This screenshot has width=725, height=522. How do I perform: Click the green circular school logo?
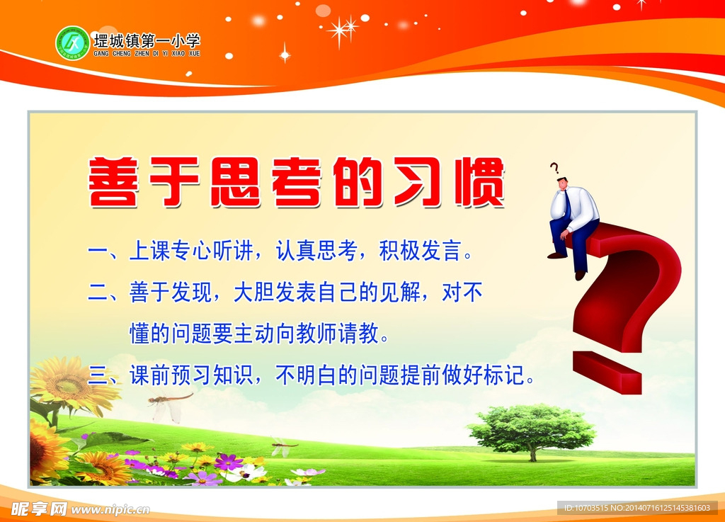click(x=72, y=43)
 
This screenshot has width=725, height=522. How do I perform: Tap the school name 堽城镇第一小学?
click(x=147, y=41)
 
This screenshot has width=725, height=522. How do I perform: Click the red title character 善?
click(x=114, y=182)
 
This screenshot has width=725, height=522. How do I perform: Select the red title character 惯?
click(x=480, y=182)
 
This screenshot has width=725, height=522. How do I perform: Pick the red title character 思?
click(x=236, y=182)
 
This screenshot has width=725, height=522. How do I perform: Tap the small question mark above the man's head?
click(x=554, y=167)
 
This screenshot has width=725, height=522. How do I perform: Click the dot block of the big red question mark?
click(x=607, y=372)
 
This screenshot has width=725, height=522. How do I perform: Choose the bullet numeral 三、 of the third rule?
click(x=103, y=375)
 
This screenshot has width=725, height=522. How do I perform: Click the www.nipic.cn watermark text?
click(x=110, y=510)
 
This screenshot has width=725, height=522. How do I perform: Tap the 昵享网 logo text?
click(x=39, y=509)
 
